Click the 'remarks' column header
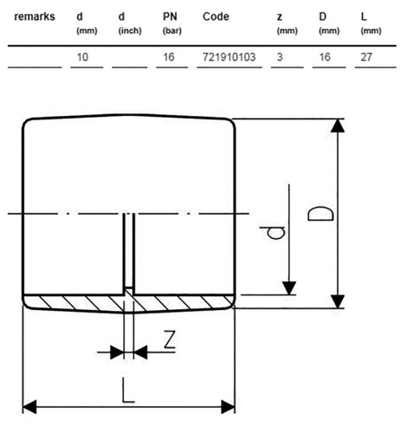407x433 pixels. (35, 16)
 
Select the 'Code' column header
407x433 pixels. (216, 16)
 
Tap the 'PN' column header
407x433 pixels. (170, 16)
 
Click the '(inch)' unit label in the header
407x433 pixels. (130, 30)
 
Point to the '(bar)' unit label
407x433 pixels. (172, 30)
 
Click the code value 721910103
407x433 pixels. (229, 57)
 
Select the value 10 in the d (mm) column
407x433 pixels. (82, 57)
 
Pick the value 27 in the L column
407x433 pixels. (366, 57)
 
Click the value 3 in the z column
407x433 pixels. (280, 57)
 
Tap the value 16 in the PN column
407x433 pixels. (169, 57)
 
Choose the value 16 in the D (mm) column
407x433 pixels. (325, 57)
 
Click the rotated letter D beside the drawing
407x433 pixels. (320, 214)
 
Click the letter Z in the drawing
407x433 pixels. (170, 339)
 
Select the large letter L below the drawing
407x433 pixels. (128, 390)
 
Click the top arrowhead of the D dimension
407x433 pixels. (338, 126)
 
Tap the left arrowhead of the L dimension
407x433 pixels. (29, 406)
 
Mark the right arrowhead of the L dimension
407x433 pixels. (228, 406)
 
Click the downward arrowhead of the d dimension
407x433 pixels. (289, 288)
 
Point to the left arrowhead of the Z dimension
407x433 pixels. (117, 352)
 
